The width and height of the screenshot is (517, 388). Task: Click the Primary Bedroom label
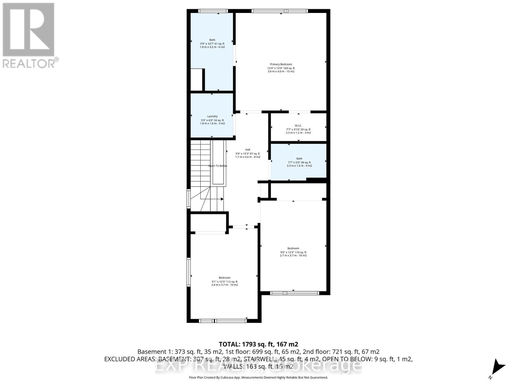(281, 64)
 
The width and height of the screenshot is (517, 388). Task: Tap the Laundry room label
(212, 116)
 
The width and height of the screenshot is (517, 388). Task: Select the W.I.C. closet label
(298, 125)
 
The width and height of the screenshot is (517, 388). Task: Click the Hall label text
(248, 150)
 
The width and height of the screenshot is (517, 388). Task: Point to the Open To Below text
(217, 166)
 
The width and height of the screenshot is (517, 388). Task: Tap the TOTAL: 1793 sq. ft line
(258, 344)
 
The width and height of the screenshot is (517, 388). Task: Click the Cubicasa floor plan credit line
(258, 377)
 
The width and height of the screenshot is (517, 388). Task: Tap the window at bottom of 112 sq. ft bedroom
(223, 321)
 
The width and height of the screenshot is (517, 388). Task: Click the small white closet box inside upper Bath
(196, 80)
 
